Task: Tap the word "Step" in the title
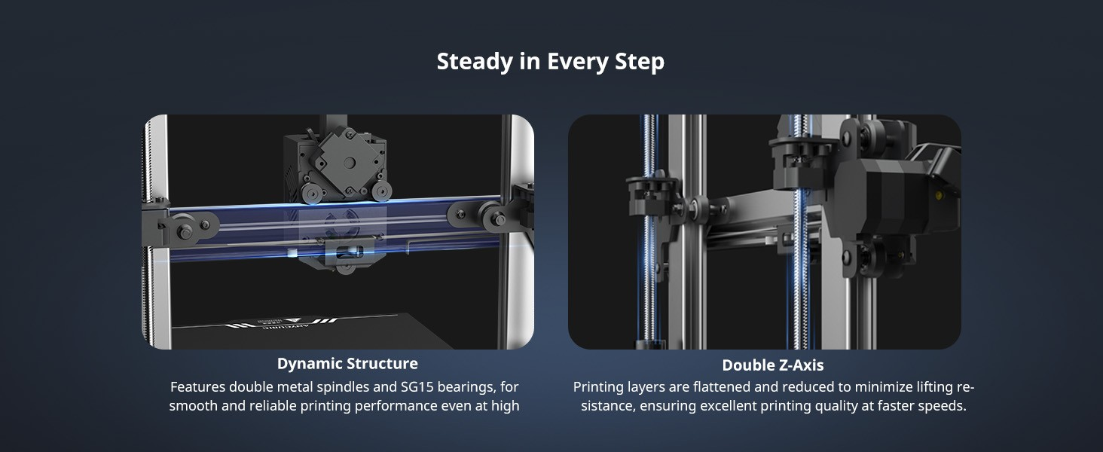coord(640,62)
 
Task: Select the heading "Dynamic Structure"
coord(347,363)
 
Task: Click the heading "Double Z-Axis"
coord(772,365)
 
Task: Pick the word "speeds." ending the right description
coord(944,406)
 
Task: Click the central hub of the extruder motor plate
coord(349,163)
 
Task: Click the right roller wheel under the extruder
coord(381,191)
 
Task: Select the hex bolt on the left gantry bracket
coord(185,231)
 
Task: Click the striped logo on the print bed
coord(281,322)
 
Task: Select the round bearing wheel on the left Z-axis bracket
coord(696,204)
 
